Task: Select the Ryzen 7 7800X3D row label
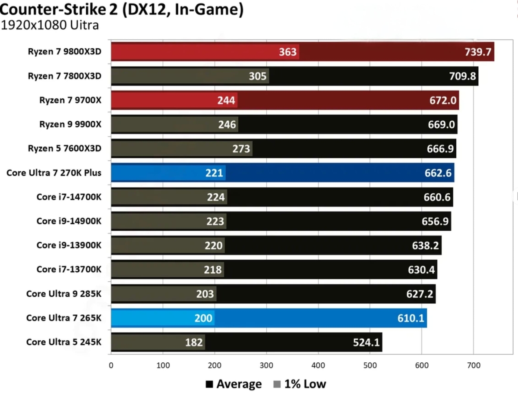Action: click(x=64, y=76)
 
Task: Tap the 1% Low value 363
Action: click(x=288, y=52)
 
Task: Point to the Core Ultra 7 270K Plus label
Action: click(x=54, y=173)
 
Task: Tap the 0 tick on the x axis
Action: click(x=111, y=365)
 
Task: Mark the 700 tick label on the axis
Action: click(x=474, y=365)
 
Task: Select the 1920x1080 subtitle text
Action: click(x=50, y=25)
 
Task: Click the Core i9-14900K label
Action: click(x=69, y=221)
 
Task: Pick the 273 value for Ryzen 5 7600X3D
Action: click(x=241, y=149)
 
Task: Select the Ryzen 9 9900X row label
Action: click(x=70, y=125)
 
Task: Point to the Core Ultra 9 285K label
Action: click(x=64, y=294)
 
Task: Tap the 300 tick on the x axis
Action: click(x=266, y=365)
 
